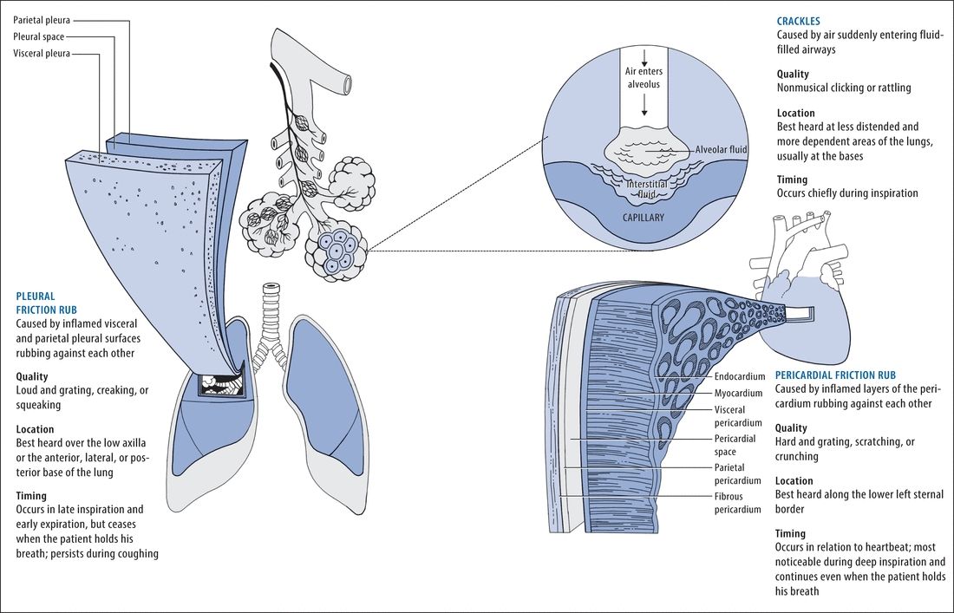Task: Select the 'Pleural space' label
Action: tap(38, 36)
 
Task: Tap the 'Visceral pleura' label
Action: tap(41, 54)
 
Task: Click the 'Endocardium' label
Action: tap(740, 377)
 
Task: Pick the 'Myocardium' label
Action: tap(738, 394)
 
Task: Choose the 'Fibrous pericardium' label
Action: tap(738, 503)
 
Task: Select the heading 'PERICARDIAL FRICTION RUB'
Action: tap(834, 374)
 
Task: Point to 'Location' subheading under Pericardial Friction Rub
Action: tap(794, 480)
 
